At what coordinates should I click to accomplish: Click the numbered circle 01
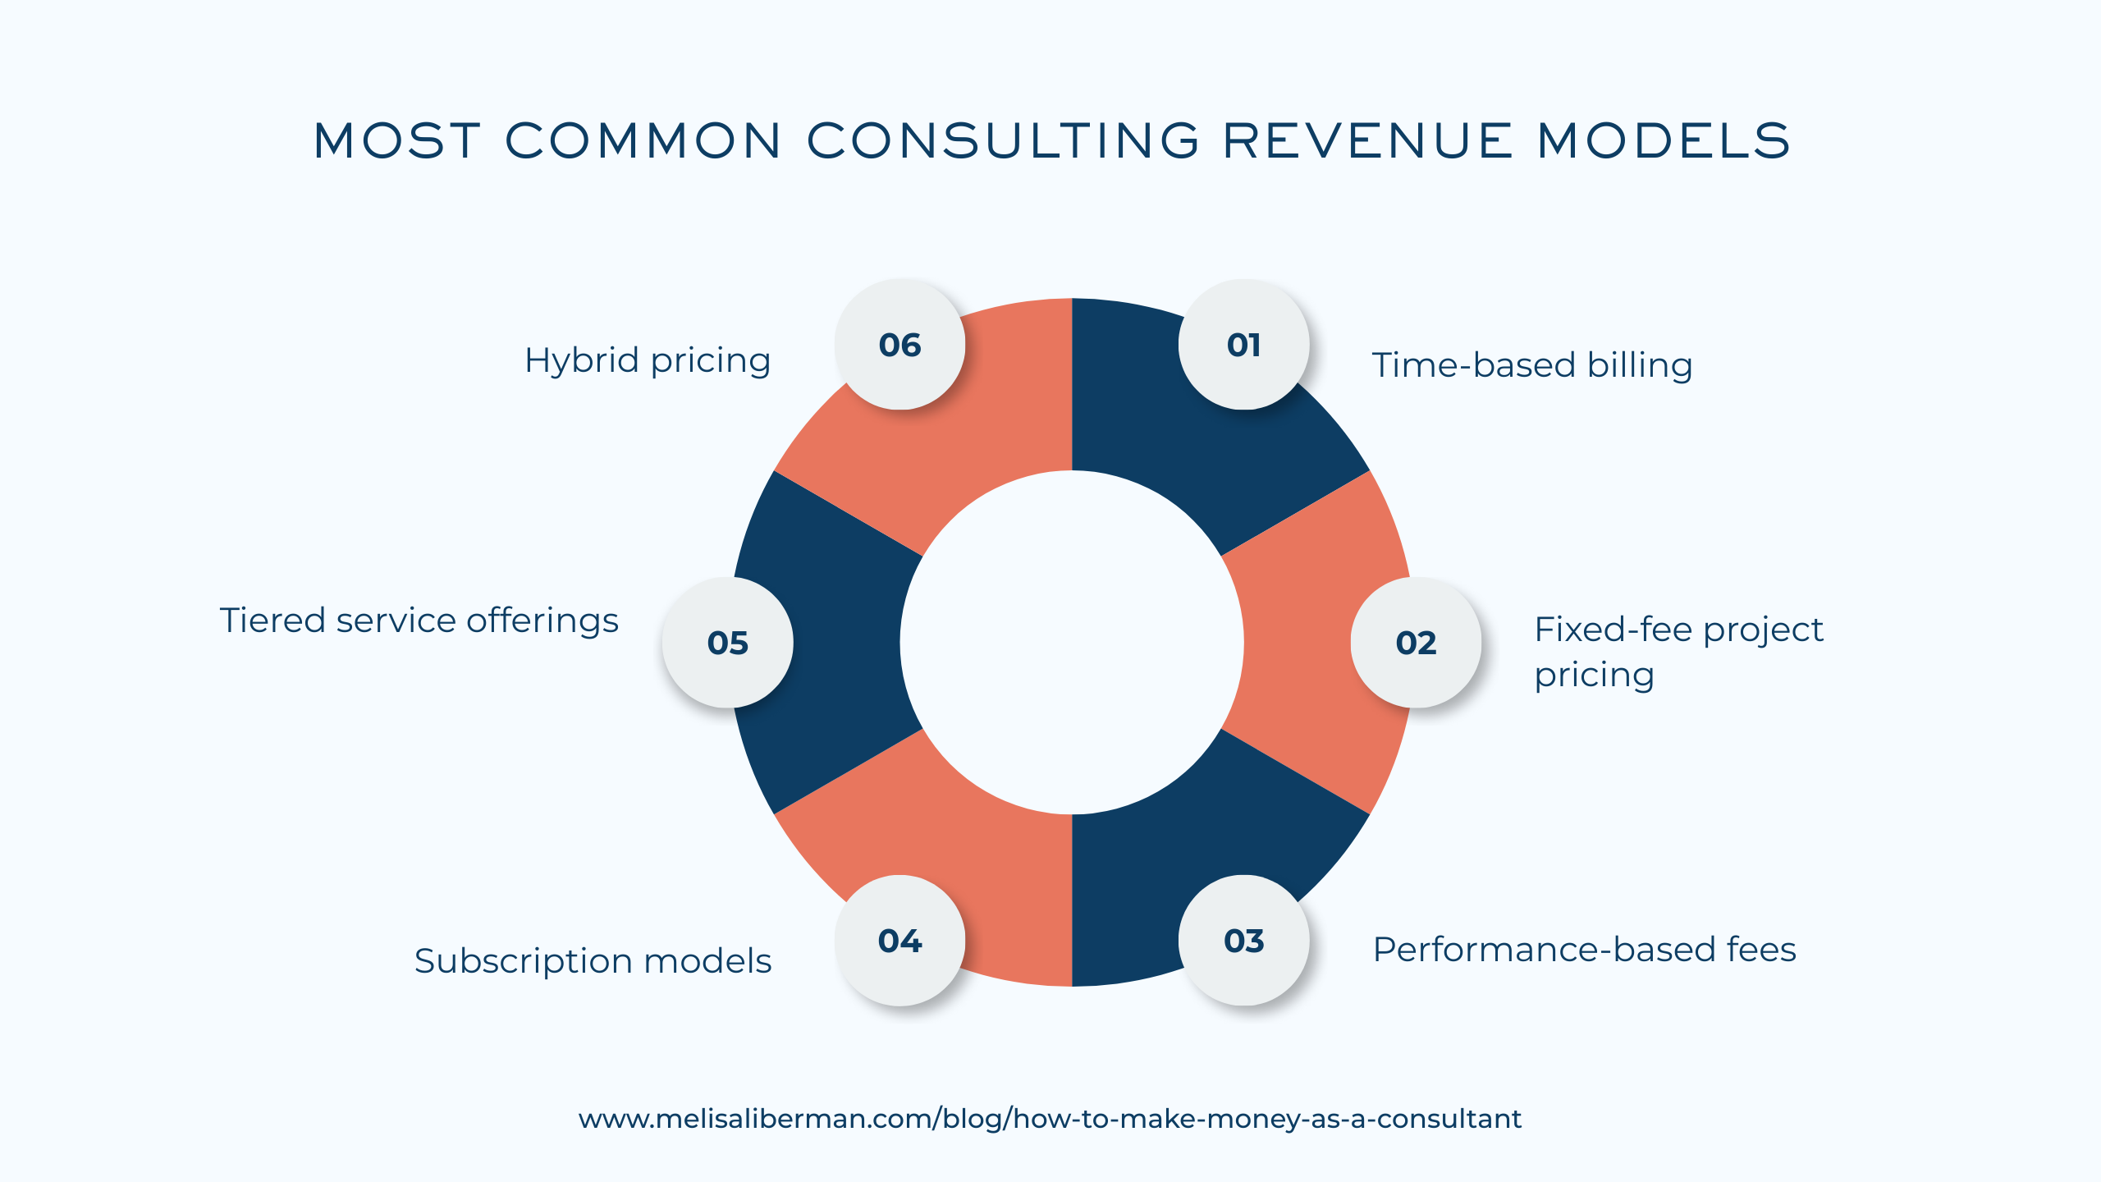[x=1243, y=345]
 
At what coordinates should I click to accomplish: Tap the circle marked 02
[x=1416, y=643]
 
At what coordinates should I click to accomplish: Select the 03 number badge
[x=1243, y=941]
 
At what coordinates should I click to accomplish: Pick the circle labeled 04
[x=899, y=941]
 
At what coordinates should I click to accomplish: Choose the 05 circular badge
[x=727, y=643]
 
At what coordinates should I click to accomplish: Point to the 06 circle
[x=899, y=345]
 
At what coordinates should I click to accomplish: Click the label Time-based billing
[x=1532, y=365]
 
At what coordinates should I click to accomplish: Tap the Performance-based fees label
[x=1584, y=950]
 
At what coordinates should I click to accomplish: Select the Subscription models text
[x=593, y=961]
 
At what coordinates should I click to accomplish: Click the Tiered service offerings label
[x=419, y=621]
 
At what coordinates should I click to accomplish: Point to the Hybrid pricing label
[x=648, y=361]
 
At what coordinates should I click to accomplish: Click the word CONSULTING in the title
[x=1004, y=140]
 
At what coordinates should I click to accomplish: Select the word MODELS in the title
[x=1664, y=140]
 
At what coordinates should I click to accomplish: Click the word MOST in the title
[x=396, y=140]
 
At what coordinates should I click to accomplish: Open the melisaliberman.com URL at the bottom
[x=1050, y=1119]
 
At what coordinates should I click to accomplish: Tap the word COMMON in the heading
[x=643, y=140]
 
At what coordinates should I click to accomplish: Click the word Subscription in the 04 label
[x=523, y=961]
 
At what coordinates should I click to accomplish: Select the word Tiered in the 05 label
[x=272, y=621]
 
